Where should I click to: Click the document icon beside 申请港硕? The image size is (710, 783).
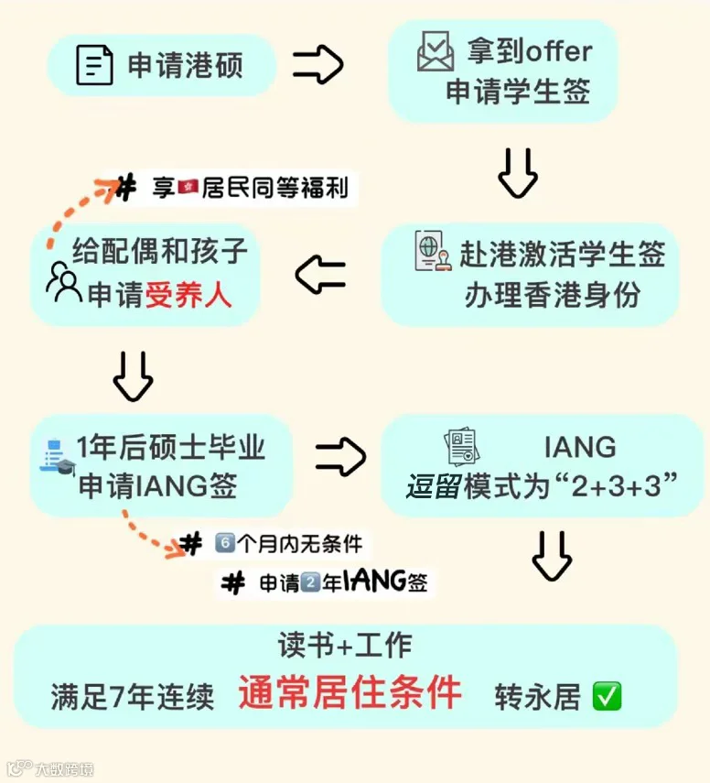point(94,65)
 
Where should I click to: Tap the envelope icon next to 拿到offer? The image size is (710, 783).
point(436,51)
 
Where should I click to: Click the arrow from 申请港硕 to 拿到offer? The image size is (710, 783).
point(318,64)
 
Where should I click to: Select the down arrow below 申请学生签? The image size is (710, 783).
point(518,173)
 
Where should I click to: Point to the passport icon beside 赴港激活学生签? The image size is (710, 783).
point(433,251)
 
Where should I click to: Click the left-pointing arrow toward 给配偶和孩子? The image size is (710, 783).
point(320,274)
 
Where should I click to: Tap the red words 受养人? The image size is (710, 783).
point(188,295)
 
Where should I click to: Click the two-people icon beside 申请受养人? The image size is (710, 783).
point(64,282)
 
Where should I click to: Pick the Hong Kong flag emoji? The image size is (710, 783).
point(188,187)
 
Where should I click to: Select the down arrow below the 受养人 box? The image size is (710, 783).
point(134,376)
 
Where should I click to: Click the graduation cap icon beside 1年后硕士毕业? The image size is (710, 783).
point(65,468)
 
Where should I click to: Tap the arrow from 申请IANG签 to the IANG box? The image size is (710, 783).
point(340,456)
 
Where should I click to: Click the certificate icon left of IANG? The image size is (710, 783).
point(462,446)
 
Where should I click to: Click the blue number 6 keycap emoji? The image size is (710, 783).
point(225,543)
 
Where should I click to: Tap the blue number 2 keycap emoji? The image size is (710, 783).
point(310,582)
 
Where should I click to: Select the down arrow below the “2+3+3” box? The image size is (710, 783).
point(552,556)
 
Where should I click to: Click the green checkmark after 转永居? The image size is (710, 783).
point(607,696)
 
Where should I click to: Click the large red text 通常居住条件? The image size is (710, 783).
point(350,692)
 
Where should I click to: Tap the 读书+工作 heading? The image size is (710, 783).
point(345,645)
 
